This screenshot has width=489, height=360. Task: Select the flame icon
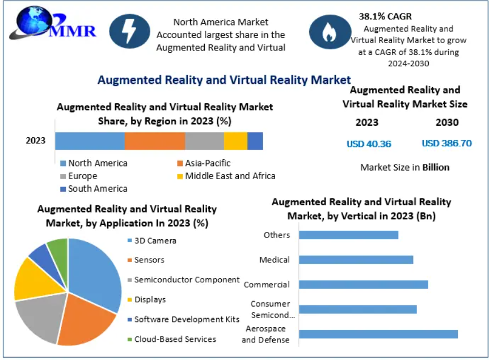click(328, 31)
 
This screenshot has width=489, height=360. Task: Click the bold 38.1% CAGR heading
click(385, 16)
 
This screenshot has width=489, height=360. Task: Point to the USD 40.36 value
click(369, 143)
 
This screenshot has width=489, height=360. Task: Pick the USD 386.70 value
click(446, 143)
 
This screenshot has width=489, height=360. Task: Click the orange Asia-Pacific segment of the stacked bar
click(155, 141)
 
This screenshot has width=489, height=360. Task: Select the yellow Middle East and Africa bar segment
click(235, 141)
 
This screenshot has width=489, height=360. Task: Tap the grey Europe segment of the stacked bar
click(204, 141)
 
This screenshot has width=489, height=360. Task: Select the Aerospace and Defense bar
click(378, 334)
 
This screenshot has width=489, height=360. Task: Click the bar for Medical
click(356, 260)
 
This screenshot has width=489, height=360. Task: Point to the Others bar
click(348, 235)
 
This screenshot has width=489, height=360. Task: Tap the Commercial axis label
click(267, 285)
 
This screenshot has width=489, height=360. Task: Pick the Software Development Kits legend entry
click(183, 319)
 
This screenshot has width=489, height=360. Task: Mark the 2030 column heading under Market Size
click(446, 122)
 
